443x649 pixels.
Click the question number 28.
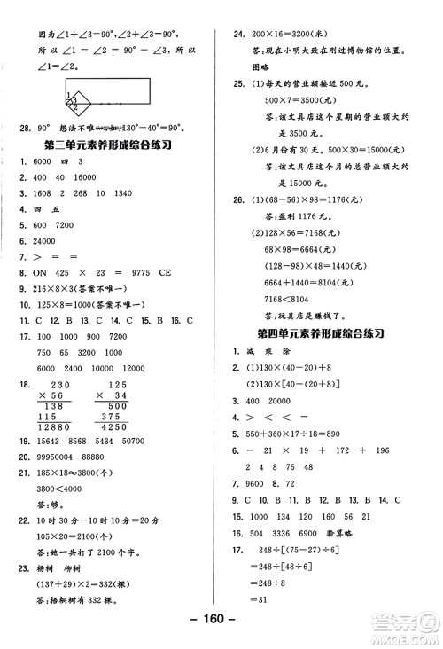coord(25,127)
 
